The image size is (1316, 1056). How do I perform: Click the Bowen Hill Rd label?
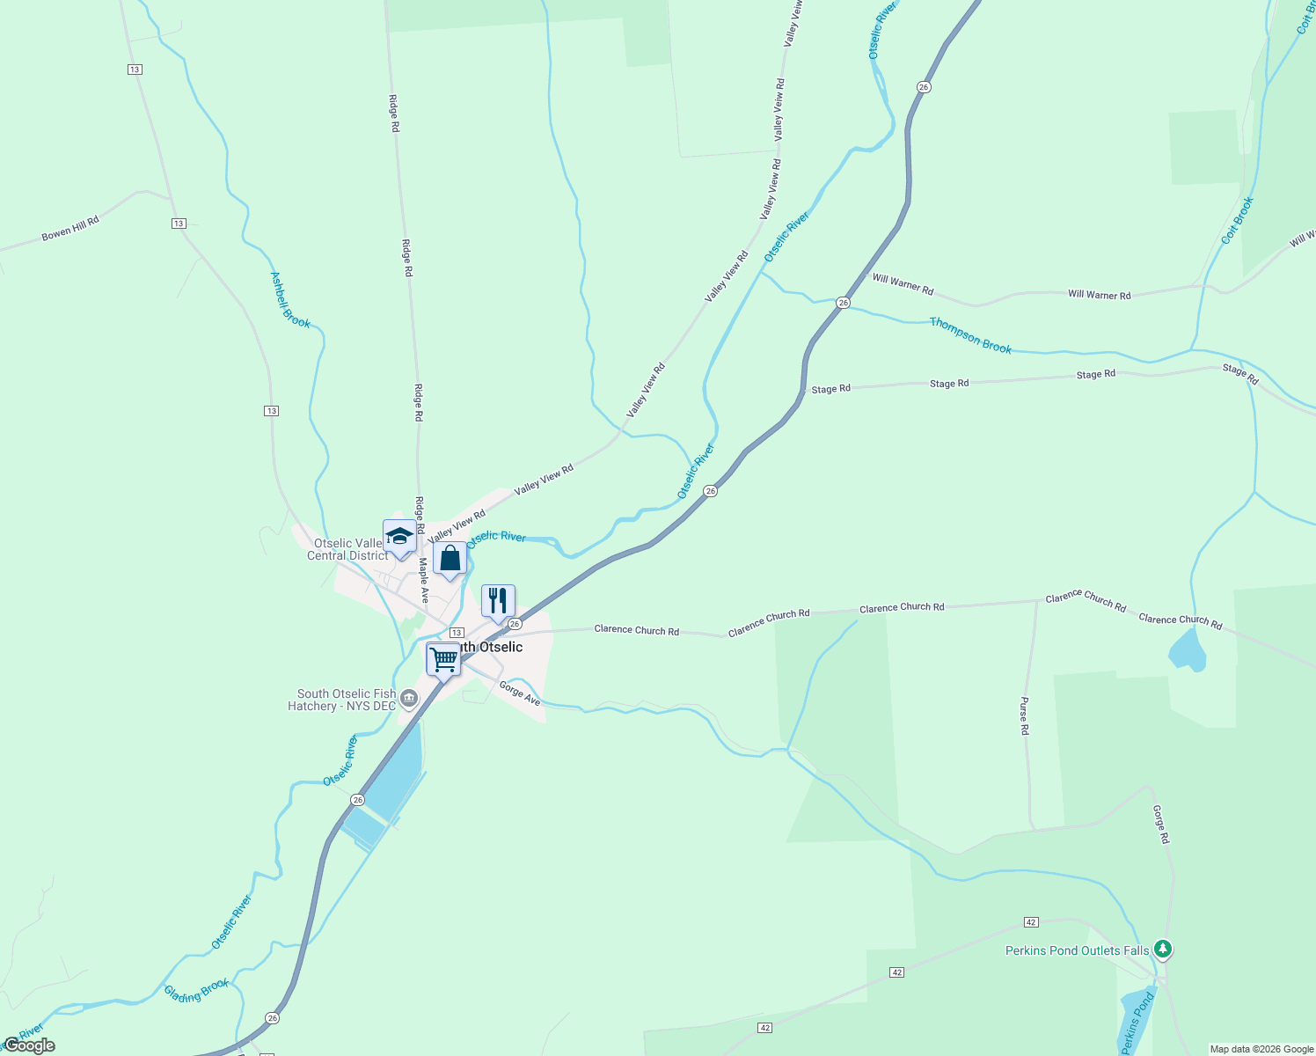pyautogui.click(x=70, y=228)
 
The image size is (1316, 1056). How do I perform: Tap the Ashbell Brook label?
pyautogui.click(x=289, y=300)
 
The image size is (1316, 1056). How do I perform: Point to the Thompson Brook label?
pyautogui.click(x=970, y=335)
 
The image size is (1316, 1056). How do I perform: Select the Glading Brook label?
pyautogui.click(x=196, y=991)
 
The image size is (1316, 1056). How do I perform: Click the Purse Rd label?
pyautogui.click(x=1024, y=716)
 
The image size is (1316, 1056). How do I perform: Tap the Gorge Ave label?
pyautogui.click(x=520, y=693)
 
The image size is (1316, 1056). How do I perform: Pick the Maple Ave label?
pyautogui.click(x=423, y=580)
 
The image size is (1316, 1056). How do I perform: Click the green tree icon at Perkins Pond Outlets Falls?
pyautogui.click(x=1163, y=949)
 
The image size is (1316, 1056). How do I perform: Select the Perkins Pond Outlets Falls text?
pyautogui.click(x=1077, y=950)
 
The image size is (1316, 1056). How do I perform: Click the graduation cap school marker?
pyautogui.click(x=399, y=536)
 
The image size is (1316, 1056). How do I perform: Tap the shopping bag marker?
pyautogui.click(x=450, y=558)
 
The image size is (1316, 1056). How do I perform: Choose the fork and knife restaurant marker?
pyautogui.click(x=498, y=601)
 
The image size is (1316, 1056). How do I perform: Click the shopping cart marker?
pyautogui.click(x=443, y=659)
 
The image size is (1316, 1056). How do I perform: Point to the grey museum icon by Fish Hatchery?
pyautogui.click(x=408, y=700)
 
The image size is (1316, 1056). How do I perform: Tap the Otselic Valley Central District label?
pyautogui.click(x=347, y=549)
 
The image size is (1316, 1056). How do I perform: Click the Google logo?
pyautogui.click(x=29, y=1045)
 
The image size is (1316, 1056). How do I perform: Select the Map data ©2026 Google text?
pyautogui.click(x=1261, y=1049)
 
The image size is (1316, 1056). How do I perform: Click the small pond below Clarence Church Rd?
pyautogui.click(x=1187, y=652)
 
